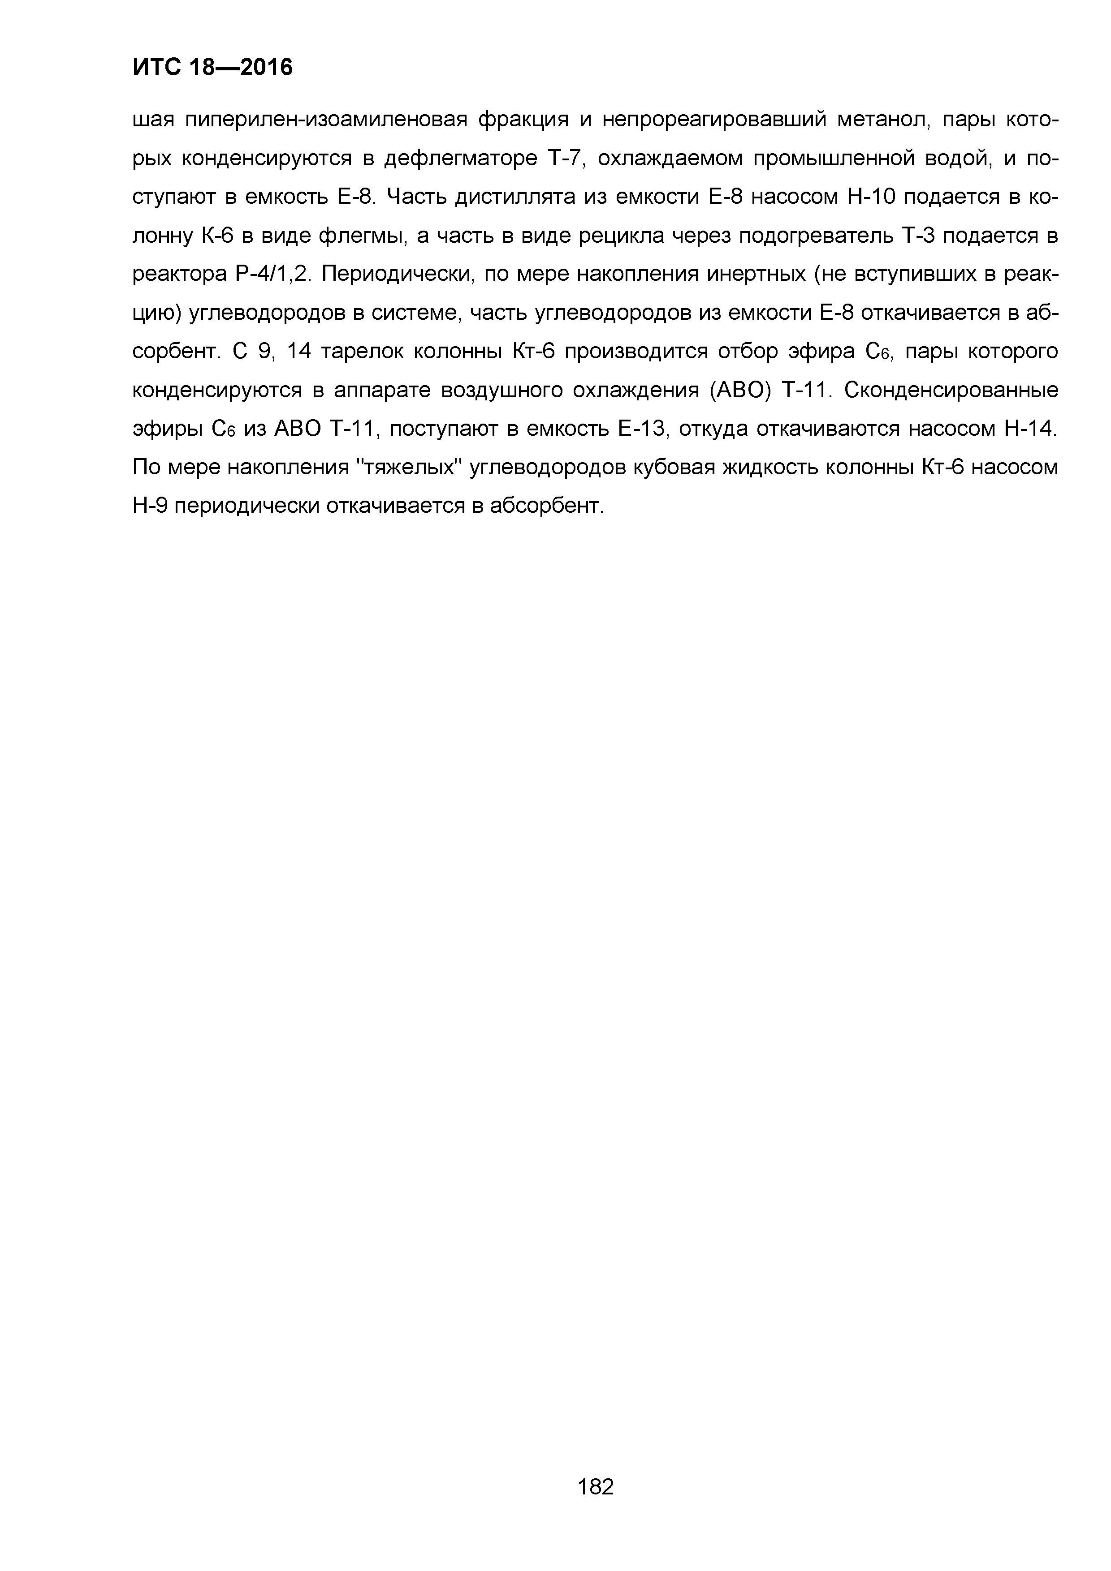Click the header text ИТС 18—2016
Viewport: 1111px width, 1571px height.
(x=212, y=67)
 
